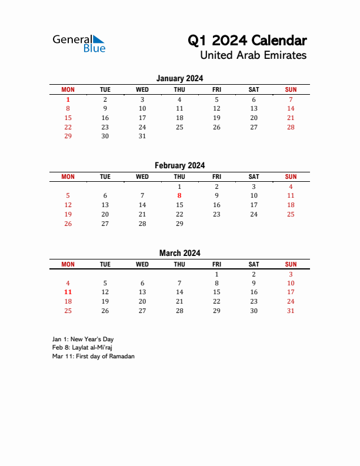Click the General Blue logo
(79, 44)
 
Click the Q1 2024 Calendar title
(247, 41)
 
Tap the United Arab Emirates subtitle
(253, 55)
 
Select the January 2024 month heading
(179, 78)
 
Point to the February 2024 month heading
(179, 166)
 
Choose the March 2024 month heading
(179, 253)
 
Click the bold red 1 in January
(68, 99)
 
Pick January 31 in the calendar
(142, 136)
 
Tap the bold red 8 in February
(179, 195)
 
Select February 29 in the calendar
(179, 224)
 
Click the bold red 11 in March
(68, 292)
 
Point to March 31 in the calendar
(291, 311)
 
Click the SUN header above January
(291, 89)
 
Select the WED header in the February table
(142, 177)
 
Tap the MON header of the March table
(68, 264)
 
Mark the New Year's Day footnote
(83, 339)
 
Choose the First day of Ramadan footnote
(93, 357)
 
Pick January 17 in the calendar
(142, 118)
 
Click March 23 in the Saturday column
(254, 301)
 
